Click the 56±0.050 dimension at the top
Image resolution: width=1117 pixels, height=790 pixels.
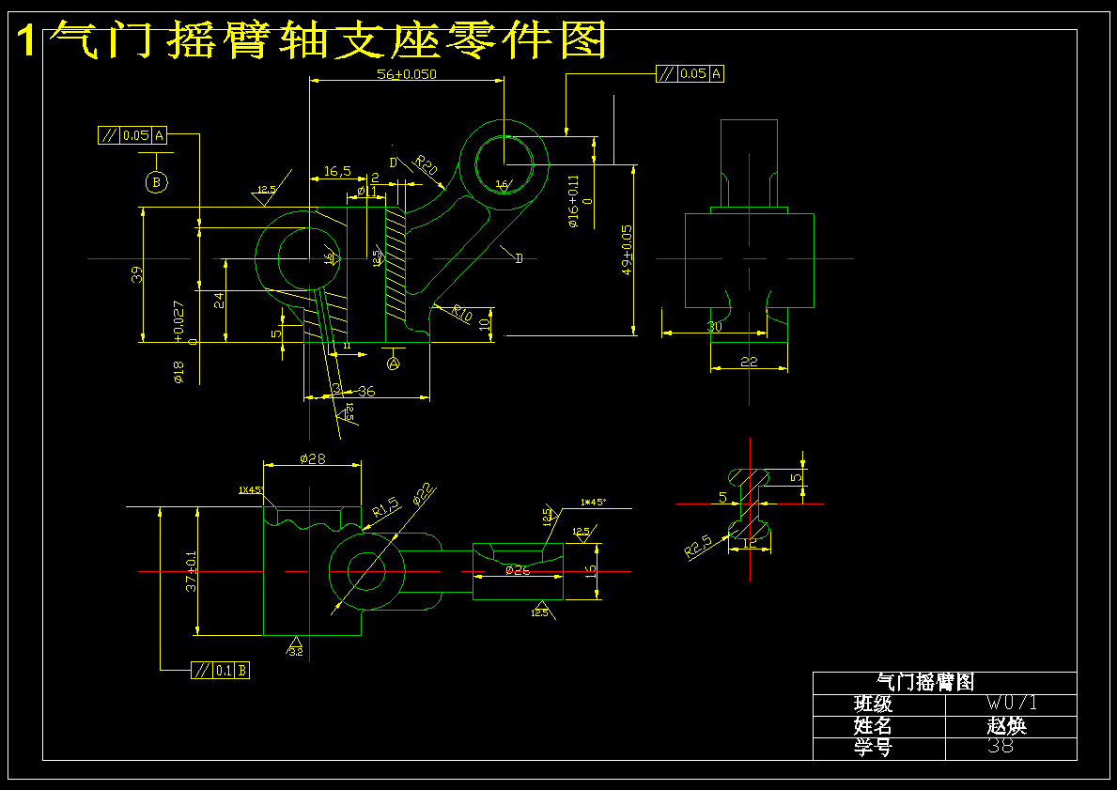coord(407,73)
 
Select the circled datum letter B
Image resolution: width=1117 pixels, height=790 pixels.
coord(157,181)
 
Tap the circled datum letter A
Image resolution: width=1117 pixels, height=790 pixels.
coord(394,362)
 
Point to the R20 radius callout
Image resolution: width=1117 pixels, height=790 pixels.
coord(427,166)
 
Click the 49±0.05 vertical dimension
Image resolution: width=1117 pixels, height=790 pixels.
coord(627,250)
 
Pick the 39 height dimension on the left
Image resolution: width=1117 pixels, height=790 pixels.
coord(137,274)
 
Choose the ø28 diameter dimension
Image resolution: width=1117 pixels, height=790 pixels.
coord(312,458)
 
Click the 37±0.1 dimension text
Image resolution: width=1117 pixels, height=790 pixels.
coord(192,570)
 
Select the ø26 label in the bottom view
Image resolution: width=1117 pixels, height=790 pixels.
coord(517,570)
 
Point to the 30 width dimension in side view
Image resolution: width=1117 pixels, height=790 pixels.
coord(715,327)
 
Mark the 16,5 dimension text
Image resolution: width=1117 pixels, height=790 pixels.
coord(337,172)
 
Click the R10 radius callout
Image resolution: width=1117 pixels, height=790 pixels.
coord(461,313)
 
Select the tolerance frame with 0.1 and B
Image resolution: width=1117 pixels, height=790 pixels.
coord(220,671)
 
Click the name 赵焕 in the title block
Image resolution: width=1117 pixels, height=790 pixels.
coord(1006,726)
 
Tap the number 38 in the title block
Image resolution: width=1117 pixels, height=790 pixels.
coord(1001,748)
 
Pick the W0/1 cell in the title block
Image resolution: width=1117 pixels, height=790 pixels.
coord(1012,704)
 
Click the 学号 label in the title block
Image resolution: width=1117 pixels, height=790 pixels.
coord(873,748)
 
